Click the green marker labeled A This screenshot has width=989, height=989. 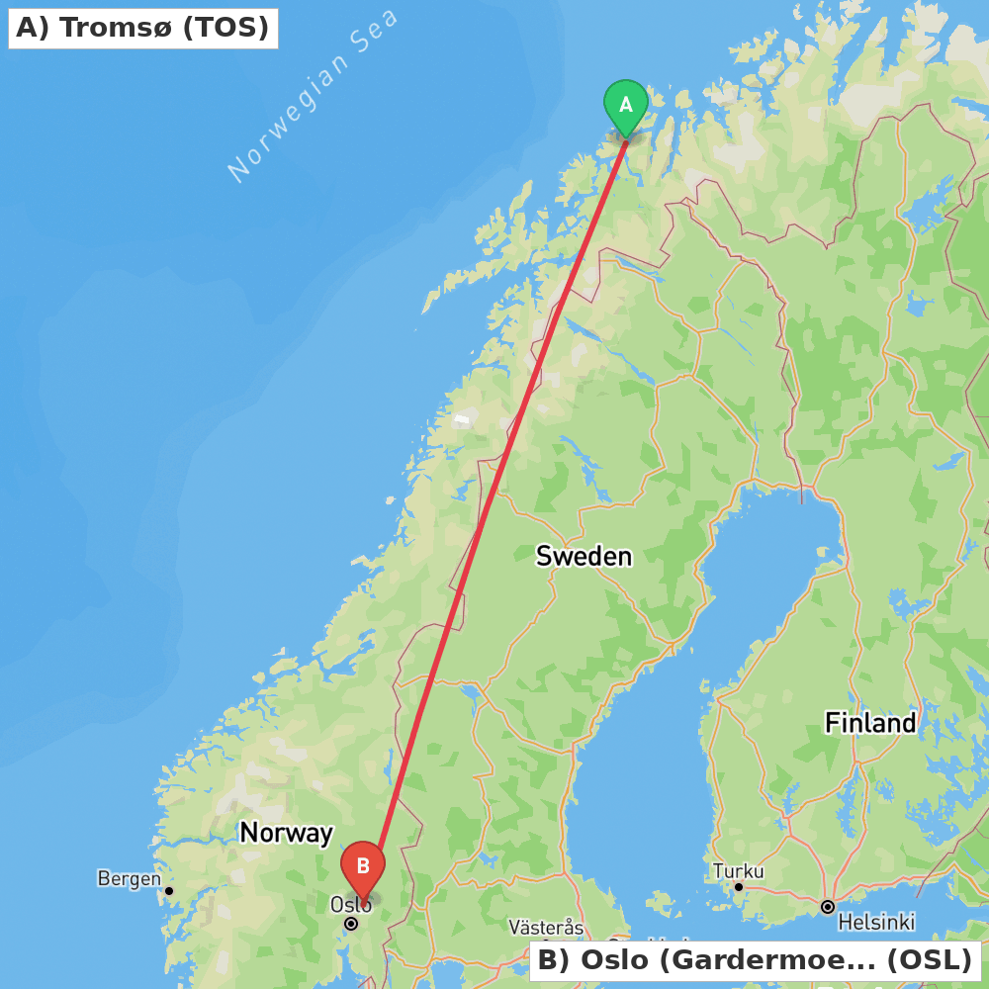click(625, 105)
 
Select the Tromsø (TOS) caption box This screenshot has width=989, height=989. click(142, 28)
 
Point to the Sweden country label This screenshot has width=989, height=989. click(584, 556)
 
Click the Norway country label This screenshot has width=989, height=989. click(286, 833)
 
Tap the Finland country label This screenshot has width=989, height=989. click(870, 723)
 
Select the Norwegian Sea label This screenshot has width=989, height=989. click(313, 95)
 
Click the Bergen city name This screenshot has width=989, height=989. click(129, 878)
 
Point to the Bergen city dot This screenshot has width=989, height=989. click(169, 891)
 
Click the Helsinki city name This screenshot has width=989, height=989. click(876, 923)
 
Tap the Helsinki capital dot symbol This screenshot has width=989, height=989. click(828, 906)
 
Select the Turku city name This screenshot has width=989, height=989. click(738, 871)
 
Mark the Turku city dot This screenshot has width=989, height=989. click(738, 887)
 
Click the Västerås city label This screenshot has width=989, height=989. click(546, 928)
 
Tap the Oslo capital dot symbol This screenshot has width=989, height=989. click(351, 924)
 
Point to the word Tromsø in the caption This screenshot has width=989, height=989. click(118, 28)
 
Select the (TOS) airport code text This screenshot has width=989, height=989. click(225, 28)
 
